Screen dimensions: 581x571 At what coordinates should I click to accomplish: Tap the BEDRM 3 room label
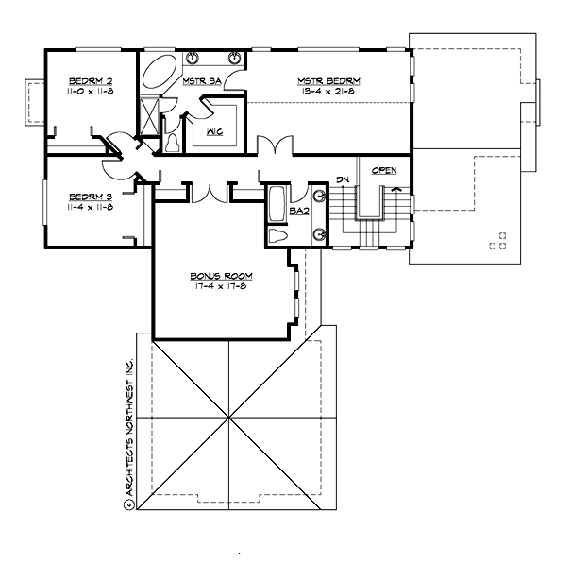pos(91,197)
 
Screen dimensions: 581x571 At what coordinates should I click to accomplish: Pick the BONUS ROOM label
pos(224,275)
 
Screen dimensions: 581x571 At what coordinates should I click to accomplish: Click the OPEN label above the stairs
pos(383,171)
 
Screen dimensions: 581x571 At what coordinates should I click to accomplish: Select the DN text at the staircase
pos(344,179)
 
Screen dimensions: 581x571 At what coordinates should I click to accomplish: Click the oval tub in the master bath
pos(166,76)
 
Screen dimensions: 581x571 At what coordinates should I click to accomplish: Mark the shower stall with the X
pos(149,116)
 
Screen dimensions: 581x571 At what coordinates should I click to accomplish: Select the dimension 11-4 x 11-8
pos(91,207)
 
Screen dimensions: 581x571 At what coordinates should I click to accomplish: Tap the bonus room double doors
pos(209,193)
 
